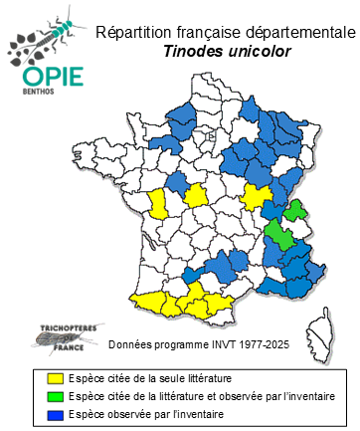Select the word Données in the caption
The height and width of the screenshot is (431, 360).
[x=128, y=344]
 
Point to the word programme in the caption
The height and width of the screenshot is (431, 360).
[x=179, y=344]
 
